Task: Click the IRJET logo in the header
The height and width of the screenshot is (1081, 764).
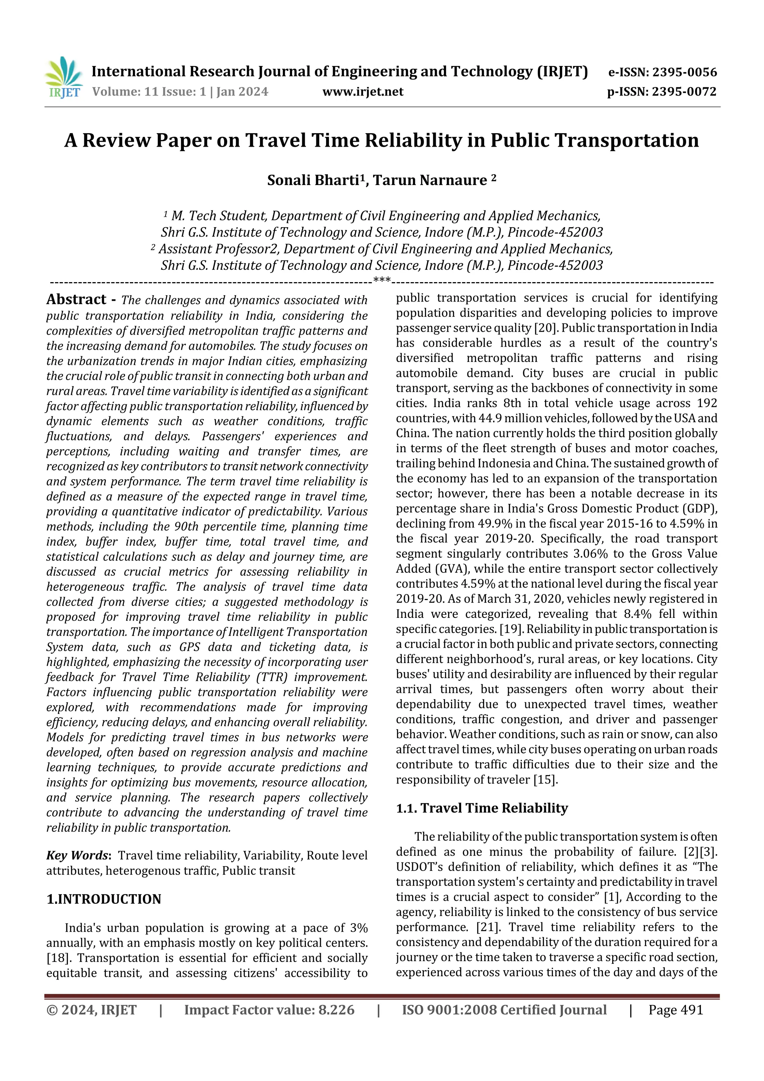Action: [63, 77]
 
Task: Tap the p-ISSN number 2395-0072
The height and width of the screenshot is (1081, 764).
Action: [684, 92]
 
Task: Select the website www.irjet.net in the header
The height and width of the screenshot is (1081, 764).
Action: [363, 92]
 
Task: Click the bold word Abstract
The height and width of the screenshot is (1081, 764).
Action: [76, 299]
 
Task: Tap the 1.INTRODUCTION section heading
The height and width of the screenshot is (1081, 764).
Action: [104, 899]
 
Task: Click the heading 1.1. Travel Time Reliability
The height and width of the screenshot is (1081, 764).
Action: [482, 808]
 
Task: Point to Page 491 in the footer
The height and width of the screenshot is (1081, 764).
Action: [675, 1010]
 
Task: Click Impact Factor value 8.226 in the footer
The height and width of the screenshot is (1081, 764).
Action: [269, 1010]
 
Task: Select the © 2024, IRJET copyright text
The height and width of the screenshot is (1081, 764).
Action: [91, 1010]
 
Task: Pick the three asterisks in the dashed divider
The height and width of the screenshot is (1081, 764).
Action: [382, 281]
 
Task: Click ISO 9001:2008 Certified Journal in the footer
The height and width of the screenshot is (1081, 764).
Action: [504, 1010]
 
